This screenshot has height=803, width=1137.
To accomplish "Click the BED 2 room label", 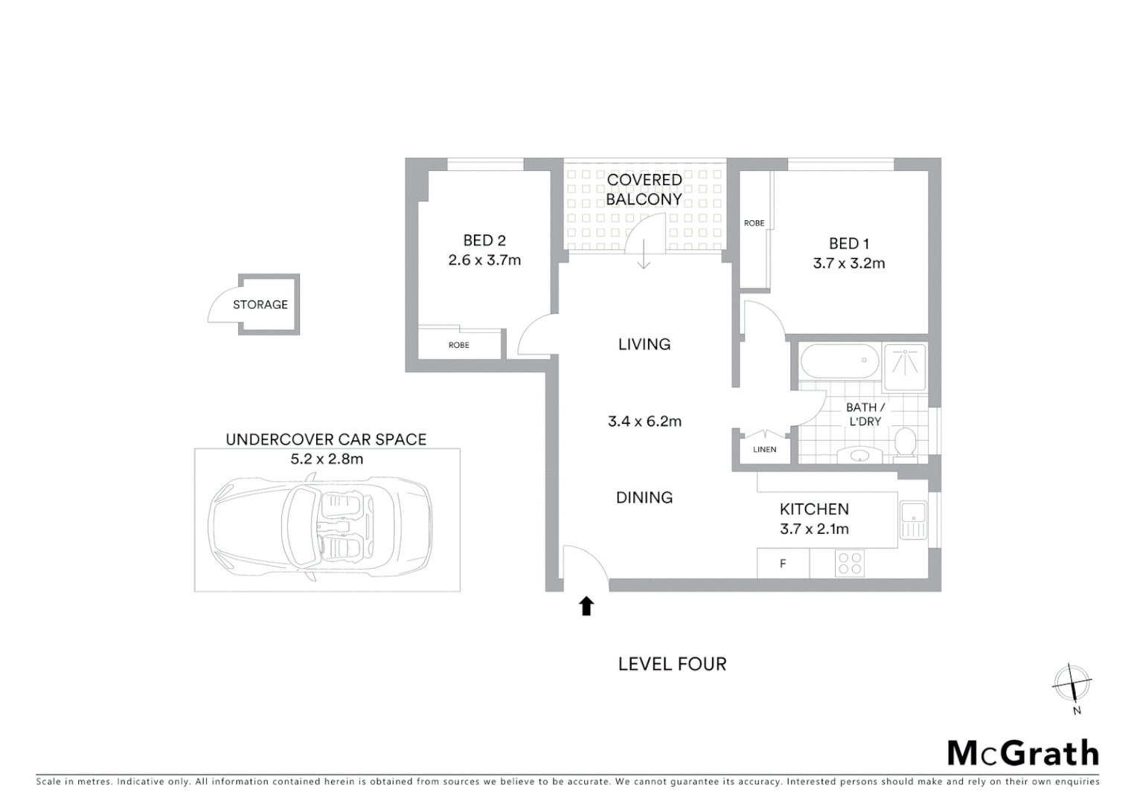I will [x=484, y=240].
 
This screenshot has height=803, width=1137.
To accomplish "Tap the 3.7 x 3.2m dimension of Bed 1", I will [x=849, y=263].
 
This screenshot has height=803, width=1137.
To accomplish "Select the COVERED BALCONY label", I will [x=644, y=190].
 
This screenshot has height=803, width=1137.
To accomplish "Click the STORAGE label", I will [x=260, y=305].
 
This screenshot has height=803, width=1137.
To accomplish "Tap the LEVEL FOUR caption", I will [x=672, y=664].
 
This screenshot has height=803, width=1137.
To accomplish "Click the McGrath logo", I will [x=1023, y=753].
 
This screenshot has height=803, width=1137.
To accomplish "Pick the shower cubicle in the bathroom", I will [x=905, y=365].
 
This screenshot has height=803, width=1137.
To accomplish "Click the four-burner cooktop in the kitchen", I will [x=849, y=563].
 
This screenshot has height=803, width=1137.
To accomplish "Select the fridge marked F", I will [x=783, y=564].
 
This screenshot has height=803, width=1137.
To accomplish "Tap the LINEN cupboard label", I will [x=764, y=450].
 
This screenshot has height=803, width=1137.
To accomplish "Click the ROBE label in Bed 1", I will [x=754, y=223].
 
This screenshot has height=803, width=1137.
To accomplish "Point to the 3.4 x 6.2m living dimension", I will [x=644, y=422].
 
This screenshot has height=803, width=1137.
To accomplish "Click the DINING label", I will [x=644, y=497].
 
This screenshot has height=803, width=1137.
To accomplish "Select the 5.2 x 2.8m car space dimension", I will [x=327, y=459].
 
